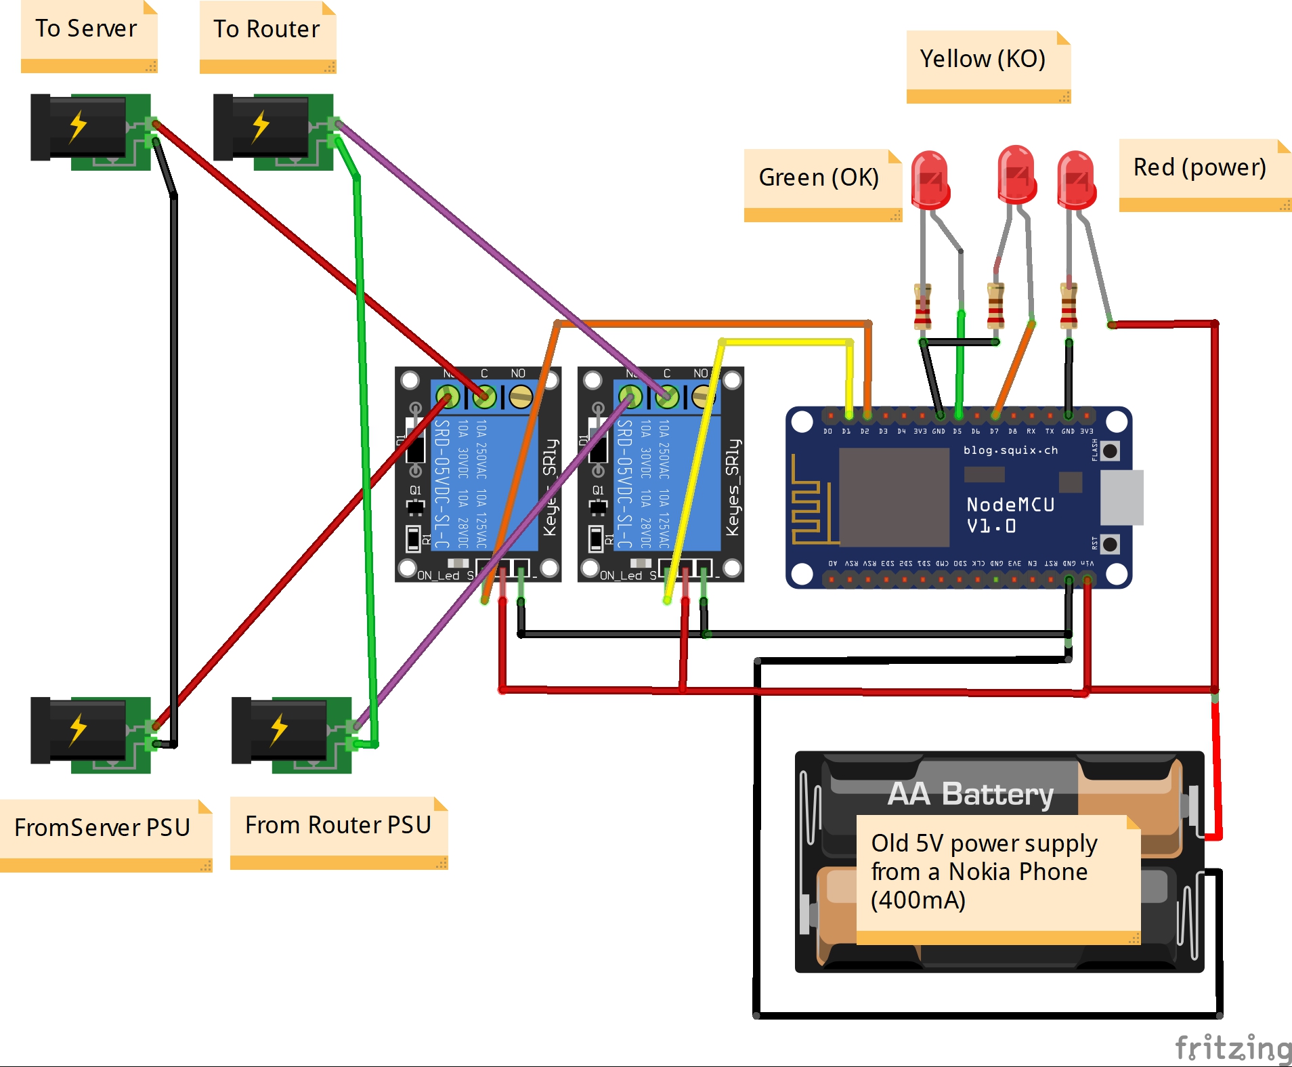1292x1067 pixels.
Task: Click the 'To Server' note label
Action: [x=87, y=29]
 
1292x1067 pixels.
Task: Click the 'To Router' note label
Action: [x=266, y=30]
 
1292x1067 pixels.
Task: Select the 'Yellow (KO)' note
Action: [x=983, y=60]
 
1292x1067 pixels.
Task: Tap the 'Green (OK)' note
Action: [x=819, y=177]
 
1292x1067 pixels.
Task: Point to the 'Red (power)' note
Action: [x=1199, y=167]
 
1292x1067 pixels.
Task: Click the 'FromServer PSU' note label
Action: [x=102, y=828]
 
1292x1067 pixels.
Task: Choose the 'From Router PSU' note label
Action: [x=338, y=825]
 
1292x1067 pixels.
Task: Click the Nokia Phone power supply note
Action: [x=984, y=872]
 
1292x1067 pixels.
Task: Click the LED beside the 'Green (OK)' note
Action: [x=930, y=179]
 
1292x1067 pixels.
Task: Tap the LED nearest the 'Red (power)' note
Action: [x=1076, y=179]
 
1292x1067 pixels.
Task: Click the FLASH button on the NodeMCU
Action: [x=1110, y=451]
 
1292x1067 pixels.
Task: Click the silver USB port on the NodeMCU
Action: [x=1121, y=497]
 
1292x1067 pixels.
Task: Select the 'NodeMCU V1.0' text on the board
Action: [x=1010, y=515]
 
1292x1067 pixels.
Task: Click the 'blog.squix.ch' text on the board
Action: [x=1010, y=451]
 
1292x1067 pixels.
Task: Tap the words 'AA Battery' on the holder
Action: [x=970, y=794]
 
